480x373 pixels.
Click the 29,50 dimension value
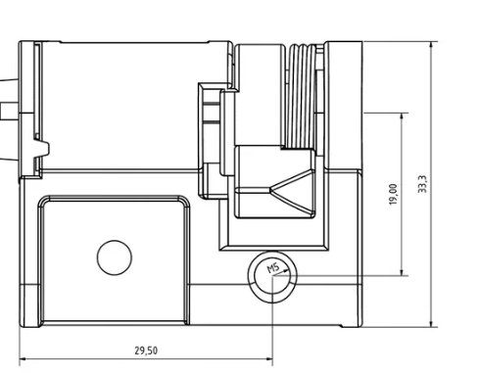[x=146, y=350]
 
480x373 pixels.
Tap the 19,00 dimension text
[x=394, y=195]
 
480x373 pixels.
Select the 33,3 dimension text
[x=422, y=184]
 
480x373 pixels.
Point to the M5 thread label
[x=273, y=268]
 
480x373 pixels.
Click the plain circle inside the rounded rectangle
[x=115, y=257]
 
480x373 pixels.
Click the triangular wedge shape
[x=292, y=192]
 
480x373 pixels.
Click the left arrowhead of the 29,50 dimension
[x=24, y=359]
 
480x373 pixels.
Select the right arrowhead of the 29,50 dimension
[x=269, y=359]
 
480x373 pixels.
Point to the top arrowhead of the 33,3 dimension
[x=432, y=45]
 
